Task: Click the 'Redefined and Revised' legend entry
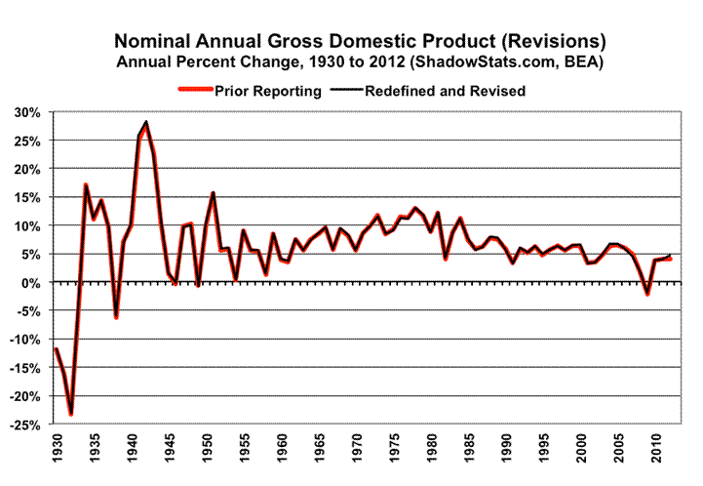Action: click(444, 91)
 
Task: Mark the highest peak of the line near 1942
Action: click(146, 123)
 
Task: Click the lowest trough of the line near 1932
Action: click(71, 414)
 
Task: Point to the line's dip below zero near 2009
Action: click(646, 294)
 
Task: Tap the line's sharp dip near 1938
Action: click(116, 317)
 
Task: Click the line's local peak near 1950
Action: click(212, 193)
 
